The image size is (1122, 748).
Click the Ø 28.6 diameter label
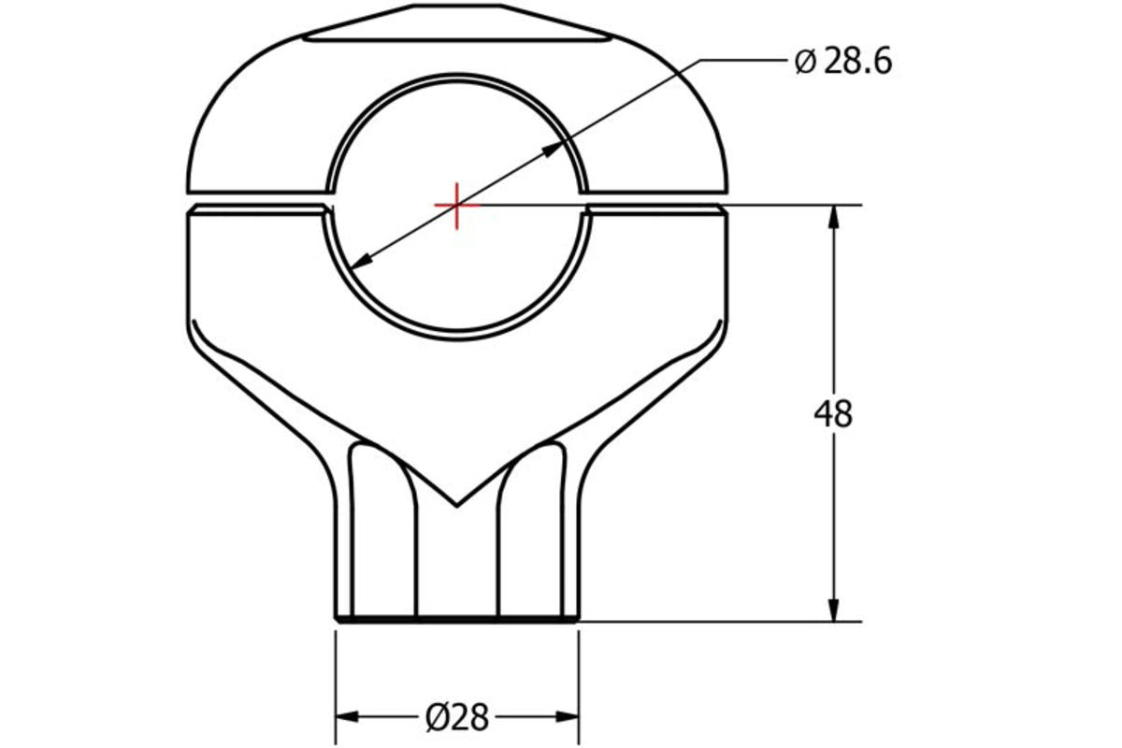(842, 62)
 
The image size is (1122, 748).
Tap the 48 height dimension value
(833, 413)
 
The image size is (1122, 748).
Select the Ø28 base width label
(457, 717)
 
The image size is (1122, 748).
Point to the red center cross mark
(456, 205)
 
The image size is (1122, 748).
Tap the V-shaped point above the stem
(456, 505)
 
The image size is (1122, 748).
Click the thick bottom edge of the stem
(456, 618)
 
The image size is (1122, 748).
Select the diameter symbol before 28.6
(805, 63)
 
